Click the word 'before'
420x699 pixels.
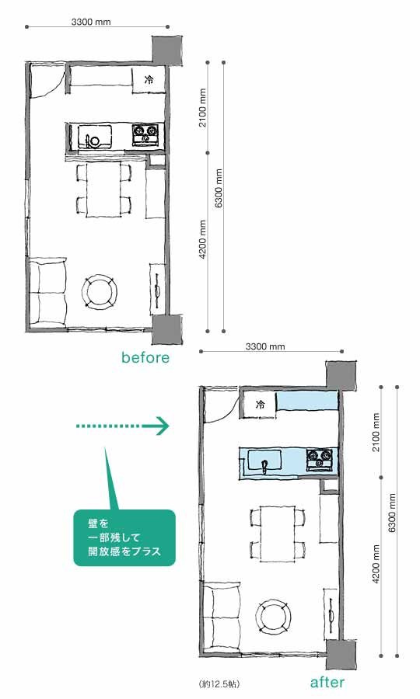click(145, 357)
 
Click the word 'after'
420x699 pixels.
click(327, 683)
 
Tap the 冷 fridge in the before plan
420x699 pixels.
click(149, 80)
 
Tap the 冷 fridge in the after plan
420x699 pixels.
click(260, 405)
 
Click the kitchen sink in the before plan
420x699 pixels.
click(95, 136)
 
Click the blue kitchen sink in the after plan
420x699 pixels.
click(264, 460)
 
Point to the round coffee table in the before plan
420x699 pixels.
click(100, 293)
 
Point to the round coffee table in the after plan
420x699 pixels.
click(274, 617)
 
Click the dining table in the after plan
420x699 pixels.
click(278, 534)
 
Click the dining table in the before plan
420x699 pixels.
click(104, 190)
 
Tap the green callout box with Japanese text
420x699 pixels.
click(124, 537)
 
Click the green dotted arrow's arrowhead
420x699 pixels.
click(163, 426)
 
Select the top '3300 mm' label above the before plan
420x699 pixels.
click(91, 22)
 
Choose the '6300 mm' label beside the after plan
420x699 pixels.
click(392, 513)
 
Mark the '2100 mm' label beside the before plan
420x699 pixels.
click(203, 107)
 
